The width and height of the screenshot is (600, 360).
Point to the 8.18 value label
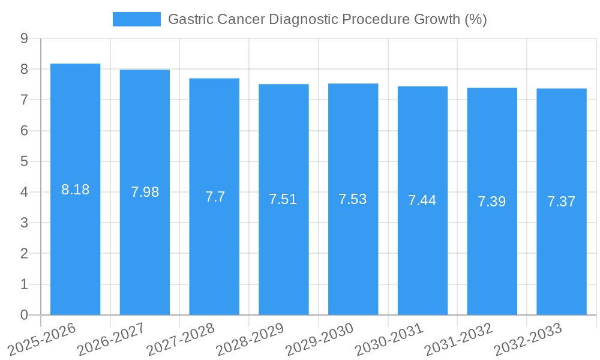(75, 190)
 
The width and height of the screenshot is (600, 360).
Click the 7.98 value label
(145, 192)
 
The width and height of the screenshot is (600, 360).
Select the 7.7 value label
(214, 197)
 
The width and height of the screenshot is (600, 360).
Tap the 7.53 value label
(353, 199)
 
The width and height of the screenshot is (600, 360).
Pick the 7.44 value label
(422, 200)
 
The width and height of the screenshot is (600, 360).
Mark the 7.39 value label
(491, 202)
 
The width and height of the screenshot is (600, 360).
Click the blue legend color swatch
(137, 19)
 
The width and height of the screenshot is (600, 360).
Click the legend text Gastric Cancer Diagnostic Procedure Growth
(327, 19)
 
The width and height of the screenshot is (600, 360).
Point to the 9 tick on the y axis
(24, 38)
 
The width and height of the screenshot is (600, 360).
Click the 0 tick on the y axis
(24, 315)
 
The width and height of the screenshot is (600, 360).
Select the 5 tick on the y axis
(24, 161)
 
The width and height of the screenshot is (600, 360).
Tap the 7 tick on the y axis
(24, 100)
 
